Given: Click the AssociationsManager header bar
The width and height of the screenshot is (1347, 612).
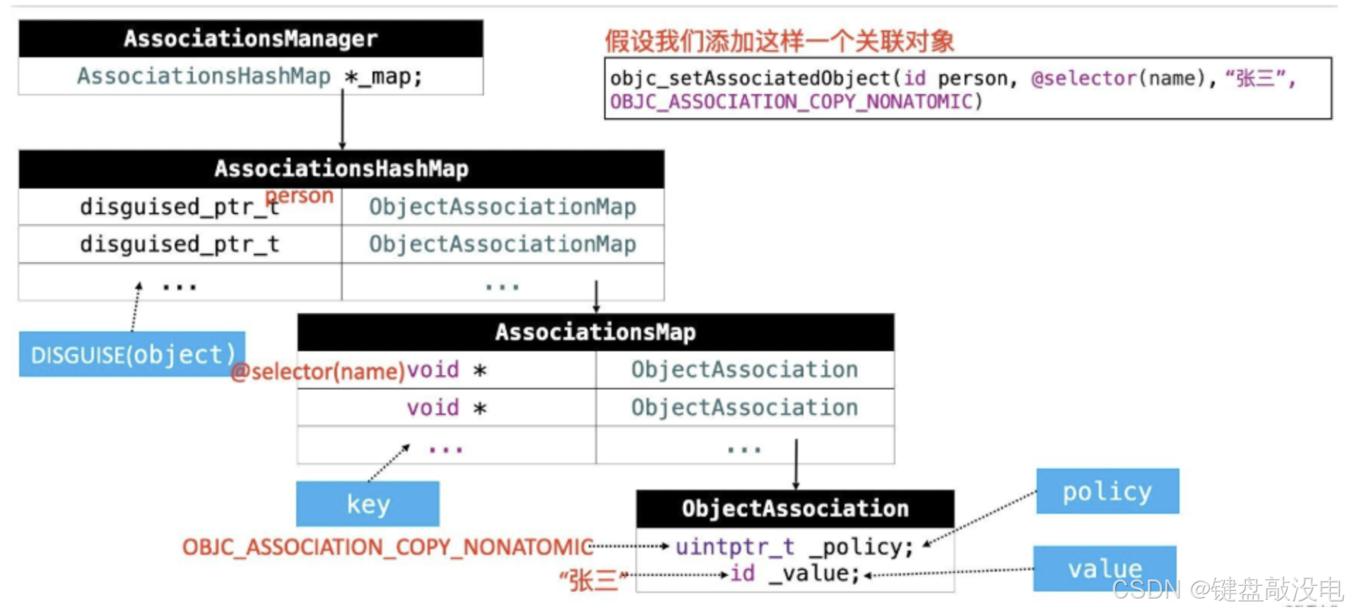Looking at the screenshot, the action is click(251, 38).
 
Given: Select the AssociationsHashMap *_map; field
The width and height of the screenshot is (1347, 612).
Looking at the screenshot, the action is click(250, 76).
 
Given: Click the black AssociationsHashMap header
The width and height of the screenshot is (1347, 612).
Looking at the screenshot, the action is click(341, 169).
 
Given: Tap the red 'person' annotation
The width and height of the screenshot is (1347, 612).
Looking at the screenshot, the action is click(300, 196).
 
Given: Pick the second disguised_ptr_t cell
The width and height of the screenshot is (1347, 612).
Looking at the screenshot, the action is click(180, 245).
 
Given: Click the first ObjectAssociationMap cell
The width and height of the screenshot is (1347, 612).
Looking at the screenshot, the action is click(502, 207).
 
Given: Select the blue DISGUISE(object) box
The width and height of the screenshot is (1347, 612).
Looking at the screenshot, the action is click(132, 354).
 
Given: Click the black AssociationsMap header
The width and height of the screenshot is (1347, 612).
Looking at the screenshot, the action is click(595, 332).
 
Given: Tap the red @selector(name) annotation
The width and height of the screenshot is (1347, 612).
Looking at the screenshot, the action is click(318, 372).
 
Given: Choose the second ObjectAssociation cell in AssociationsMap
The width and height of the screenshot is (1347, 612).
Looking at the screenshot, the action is click(744, 408).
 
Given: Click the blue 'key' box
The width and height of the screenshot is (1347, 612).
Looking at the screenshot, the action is click(367, 504).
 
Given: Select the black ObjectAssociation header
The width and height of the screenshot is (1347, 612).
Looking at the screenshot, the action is click(795, 509).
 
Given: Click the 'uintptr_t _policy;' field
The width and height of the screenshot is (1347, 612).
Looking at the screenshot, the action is click(794, 547).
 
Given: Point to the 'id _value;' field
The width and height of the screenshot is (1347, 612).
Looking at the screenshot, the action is click(794, 574).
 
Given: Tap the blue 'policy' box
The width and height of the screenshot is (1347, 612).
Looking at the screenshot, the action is click(1107, 491).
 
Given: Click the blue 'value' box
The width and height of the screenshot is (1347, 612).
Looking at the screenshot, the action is click(1105, 568).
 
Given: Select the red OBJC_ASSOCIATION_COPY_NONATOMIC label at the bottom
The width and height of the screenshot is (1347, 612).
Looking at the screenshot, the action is click(387, 547).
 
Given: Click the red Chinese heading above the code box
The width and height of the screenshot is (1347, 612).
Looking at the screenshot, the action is click(779, 42).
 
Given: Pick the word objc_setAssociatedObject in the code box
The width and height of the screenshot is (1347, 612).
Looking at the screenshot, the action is click(750, 78).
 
